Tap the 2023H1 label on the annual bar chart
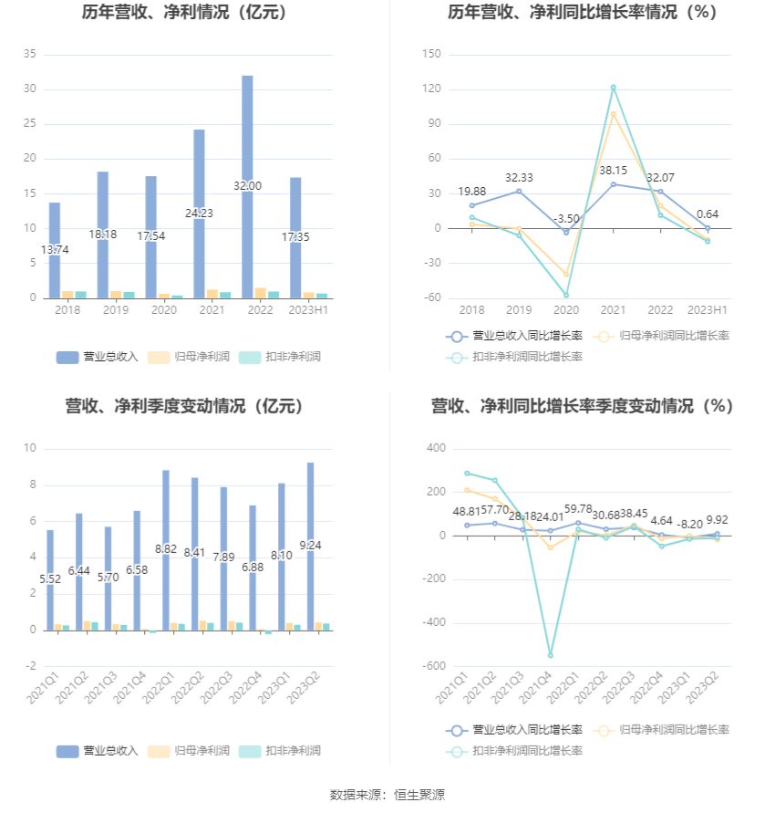tap(308, 311)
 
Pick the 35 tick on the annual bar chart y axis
tap(29, 55)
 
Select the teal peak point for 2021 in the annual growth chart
tap(613, 88)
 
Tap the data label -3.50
tap(565, 219)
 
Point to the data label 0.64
tap(707, 214)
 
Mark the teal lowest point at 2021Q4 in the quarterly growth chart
tap(550, 655)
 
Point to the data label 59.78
tap(578, 507)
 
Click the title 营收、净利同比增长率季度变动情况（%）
tap(582, 406)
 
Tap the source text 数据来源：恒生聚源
tap(387, 795)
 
